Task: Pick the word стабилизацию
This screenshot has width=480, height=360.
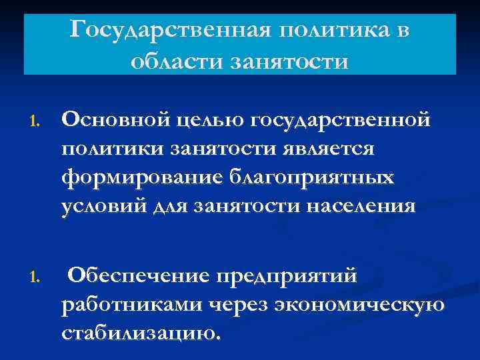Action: pos(139,333)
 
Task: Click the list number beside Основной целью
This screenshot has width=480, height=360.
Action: pos(36,123)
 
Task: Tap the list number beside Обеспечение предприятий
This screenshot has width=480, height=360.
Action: pos(36,276)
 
